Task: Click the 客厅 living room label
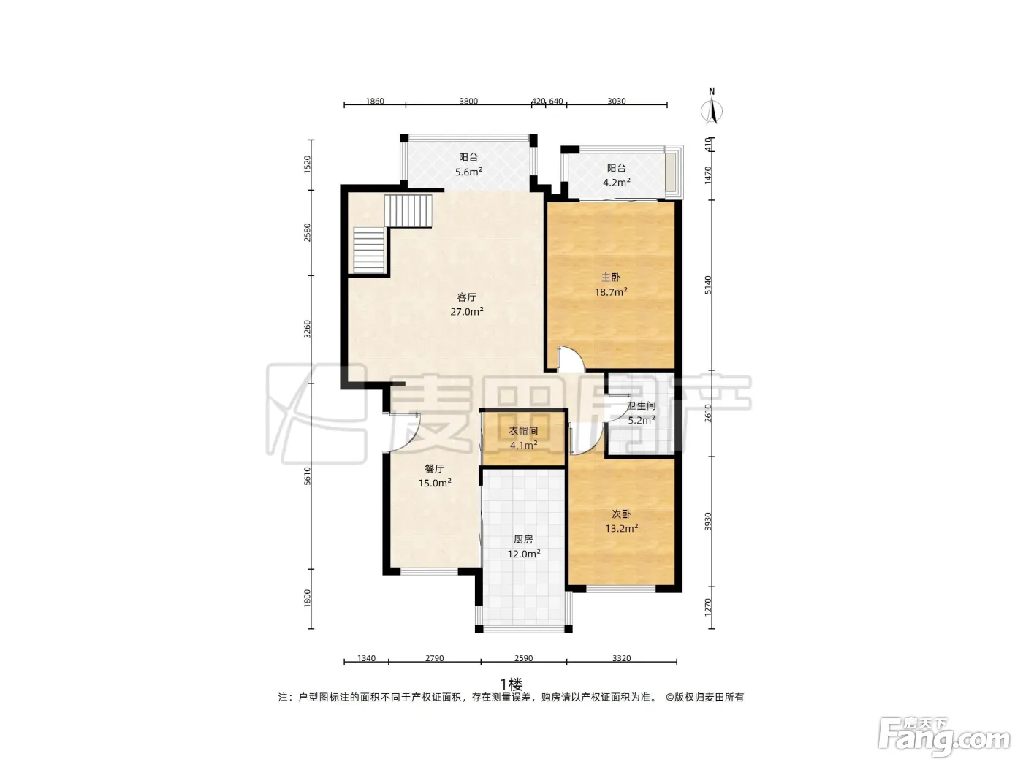(466, 297)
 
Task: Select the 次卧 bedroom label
(621, 514)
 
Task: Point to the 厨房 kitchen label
(523, 539)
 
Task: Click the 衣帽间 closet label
(523, 431)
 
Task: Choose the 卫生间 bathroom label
(642, 406)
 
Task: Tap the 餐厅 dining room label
(434, 468)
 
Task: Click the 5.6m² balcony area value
(468, 172)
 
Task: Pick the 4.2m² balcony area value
(617, 183)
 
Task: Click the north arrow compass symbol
(712, 107)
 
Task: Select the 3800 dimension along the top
(468, 101)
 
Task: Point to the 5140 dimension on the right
(708, 285)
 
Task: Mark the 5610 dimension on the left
(307, 476)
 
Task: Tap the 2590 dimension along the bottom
(523, 658)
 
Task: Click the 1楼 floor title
(512, 684)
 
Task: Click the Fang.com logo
(944, 739)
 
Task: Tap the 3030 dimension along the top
(616, 101)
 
